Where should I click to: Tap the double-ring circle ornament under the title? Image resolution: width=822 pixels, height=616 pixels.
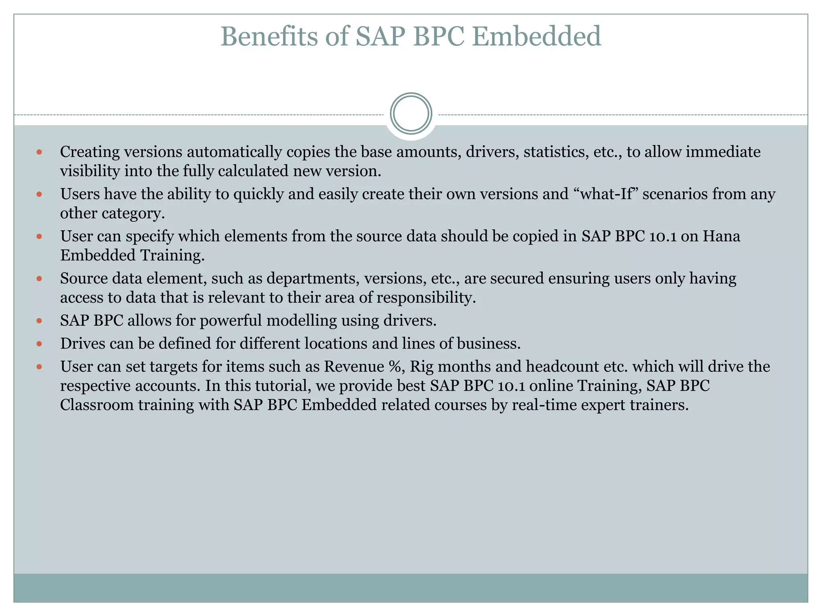(411, 113)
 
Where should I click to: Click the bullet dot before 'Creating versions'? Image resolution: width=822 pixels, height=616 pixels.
(39, 152)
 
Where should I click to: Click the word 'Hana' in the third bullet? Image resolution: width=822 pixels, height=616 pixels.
(721, 236)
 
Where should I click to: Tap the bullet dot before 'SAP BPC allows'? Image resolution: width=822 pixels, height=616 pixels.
(39, 321)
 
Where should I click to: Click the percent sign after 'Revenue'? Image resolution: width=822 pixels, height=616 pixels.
(395, 367)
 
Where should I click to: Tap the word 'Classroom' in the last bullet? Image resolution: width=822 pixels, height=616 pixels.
(96, 405)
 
